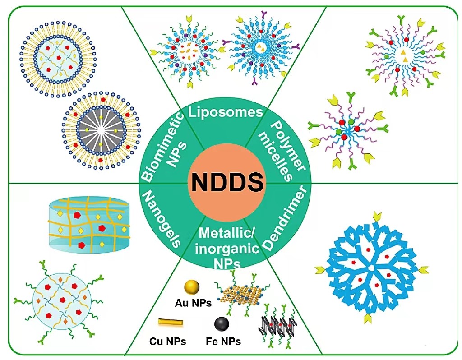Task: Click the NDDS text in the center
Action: [227, 183]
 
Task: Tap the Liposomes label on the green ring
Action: [225, 111]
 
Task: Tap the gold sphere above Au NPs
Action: [192, 287]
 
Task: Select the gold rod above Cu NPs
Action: [171, 323]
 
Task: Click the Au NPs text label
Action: [193, 303]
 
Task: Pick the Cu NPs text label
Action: [167, 341]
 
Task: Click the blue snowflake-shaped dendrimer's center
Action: [370, 268]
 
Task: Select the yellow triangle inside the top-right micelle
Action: [403, 53]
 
